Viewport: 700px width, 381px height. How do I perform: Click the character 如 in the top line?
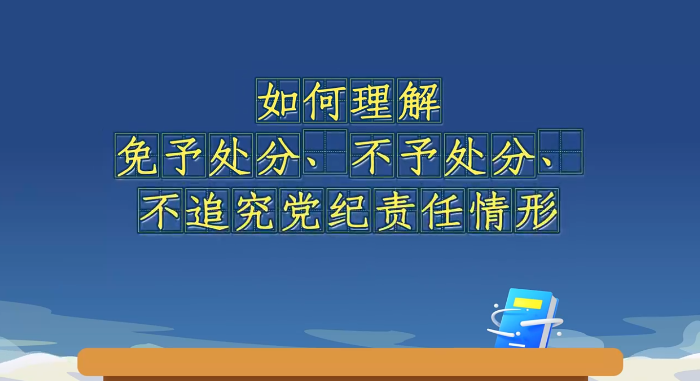tap(278, 101)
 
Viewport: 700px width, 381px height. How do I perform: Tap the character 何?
tap(325, 101)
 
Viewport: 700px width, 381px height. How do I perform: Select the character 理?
tap(372, 101)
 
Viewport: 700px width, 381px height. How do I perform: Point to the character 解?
tap(419, 101)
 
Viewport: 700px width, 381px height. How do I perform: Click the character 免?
tap(137, 156)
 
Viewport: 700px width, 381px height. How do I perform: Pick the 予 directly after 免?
tap(184, 156)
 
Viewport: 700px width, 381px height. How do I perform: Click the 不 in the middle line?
tap(372, 156)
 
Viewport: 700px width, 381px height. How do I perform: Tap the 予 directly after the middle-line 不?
tap(419, 156)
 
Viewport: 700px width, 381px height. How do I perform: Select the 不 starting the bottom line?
tap(160, 211)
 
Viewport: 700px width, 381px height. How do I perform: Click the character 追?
tap(207, 211)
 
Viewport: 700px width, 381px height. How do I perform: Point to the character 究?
tap(254, 211)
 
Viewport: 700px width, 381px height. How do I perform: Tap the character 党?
tap(301, 211)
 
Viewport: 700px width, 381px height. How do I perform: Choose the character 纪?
tap(349, 211)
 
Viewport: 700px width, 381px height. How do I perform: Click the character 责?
tap(395, 211)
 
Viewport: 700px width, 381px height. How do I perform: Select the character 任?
tap(442, 211)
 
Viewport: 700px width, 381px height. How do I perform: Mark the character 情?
tap(490, 211)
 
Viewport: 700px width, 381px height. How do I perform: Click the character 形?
tap(537, 211)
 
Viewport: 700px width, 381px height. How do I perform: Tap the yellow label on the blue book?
tap(528, 303)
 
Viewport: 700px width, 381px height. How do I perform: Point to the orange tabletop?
tap(350, 361)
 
